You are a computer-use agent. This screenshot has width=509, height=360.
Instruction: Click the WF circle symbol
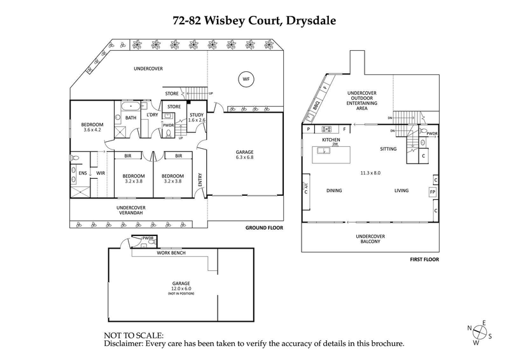244,80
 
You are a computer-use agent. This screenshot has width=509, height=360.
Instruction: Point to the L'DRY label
152,114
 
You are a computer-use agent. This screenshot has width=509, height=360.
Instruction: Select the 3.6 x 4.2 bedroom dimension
92,130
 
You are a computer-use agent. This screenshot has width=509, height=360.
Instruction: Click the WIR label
99,172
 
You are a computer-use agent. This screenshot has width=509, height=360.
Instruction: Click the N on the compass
470,328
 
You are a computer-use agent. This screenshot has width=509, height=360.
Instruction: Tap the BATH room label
130,118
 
